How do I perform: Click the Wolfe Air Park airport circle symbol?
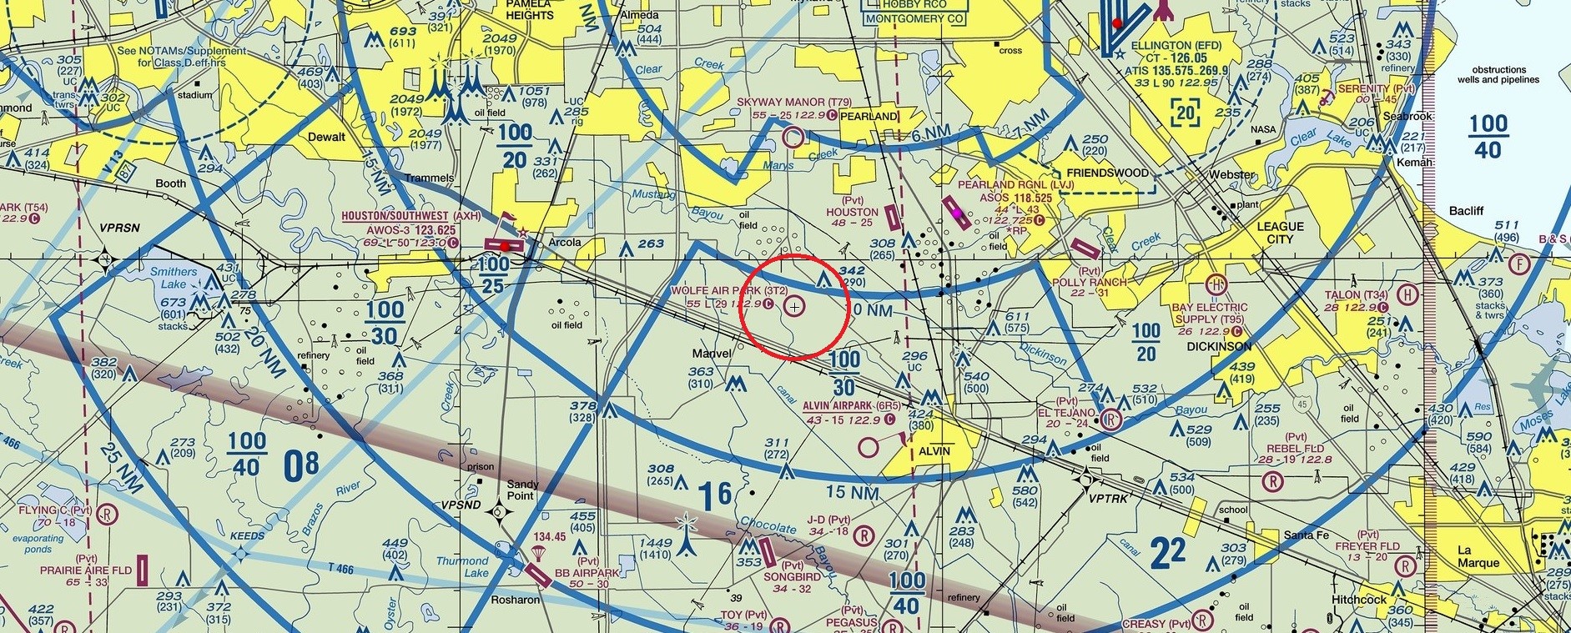point(795,307)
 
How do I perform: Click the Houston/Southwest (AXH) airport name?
point(398,216)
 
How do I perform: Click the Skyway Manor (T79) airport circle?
point(793,136)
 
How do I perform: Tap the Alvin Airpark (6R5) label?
point(852,405)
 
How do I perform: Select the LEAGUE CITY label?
point(1280,233)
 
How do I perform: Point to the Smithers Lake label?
point(174,278)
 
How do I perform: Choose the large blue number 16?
point(715,496)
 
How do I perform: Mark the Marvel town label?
point(712,354)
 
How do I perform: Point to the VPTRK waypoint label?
point(1108,498)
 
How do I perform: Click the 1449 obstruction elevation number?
point(655,543)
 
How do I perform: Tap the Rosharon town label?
point(515,600)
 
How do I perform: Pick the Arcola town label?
point(564,243)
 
